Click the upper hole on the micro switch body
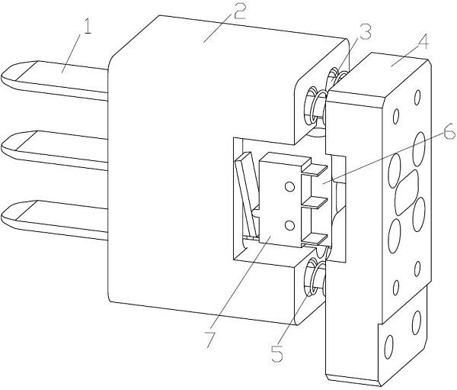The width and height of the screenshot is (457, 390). click(x=288, y=185)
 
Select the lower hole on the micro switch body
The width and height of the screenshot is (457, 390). click(x=289, y=224)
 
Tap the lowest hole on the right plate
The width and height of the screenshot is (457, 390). click(x=390, y=343)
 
